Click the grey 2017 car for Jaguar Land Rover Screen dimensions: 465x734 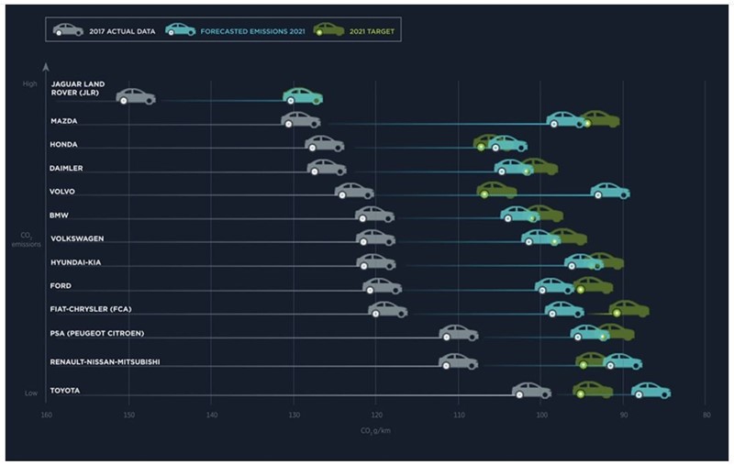click(x=136, y=96)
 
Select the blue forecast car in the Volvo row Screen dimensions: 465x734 click(x=609, y=191)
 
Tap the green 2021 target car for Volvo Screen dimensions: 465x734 click(x=496, y=191)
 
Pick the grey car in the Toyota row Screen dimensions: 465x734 click(x=531, y=391)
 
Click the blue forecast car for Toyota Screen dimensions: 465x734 click(x=651, y=391)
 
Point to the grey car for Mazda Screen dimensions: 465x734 click(x=300, y=120)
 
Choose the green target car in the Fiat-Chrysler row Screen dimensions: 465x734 click(x=629, y=309)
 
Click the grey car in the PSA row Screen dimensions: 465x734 click(x=459, y=332)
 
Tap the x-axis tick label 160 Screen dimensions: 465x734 click(x=46, y=415)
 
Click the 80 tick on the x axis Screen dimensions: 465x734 click(x=706, y=415)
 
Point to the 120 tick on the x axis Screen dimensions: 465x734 click(x=376, y=415)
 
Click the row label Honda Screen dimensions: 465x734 click(x=64, y=144)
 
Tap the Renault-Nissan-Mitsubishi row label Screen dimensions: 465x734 click(x=105, y=361)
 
